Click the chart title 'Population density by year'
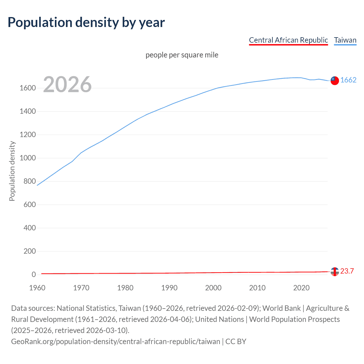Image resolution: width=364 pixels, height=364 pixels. click(86, 22)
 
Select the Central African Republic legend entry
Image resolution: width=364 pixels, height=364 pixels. click(288, 40)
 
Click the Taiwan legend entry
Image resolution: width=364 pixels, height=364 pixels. click(345, 40)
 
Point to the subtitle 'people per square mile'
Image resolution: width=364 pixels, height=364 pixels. click(182, 55)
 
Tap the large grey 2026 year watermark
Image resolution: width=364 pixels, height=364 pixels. click(67, 84)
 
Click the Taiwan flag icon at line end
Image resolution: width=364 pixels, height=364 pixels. click(335, 80)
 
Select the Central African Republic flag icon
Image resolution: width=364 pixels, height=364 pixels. click(335, 272)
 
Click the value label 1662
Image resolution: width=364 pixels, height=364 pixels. click(348, 80)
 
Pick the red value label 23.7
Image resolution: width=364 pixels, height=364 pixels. click(347, 271)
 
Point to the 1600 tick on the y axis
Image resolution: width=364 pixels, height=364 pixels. click(28, 88)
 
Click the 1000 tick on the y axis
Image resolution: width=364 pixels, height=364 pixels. click(28, 158)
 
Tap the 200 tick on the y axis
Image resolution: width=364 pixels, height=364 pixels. click(30, 251)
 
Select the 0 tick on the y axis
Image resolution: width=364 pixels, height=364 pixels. click(34, 274)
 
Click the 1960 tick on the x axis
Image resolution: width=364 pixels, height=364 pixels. click(37, 288)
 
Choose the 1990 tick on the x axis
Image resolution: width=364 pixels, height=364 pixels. click(169, 288)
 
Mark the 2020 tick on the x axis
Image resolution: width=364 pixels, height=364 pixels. click(301, 288)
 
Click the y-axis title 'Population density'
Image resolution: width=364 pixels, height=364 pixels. click(12, 171)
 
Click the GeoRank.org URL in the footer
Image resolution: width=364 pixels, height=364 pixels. click(115, 341)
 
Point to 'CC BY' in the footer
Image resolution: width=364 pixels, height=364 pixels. click(236, 341)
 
